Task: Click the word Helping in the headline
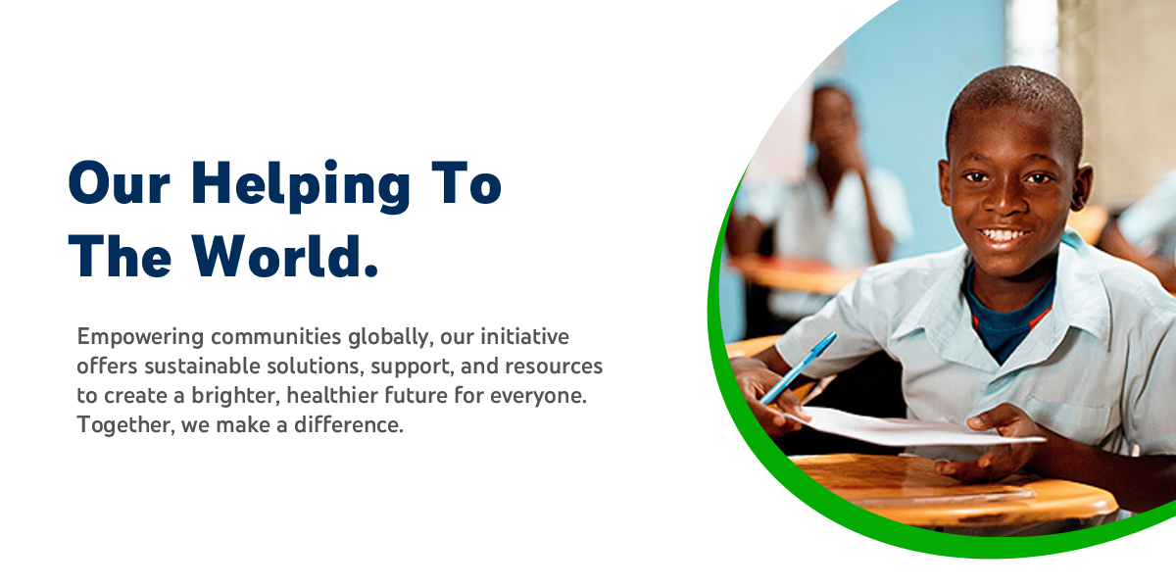[300, 186]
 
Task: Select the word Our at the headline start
[120, 183]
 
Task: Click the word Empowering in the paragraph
[140, 337]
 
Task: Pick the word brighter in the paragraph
[233, 395]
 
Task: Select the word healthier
[332, 395]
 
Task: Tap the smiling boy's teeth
[1004, 234]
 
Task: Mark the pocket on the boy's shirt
[1067, 420]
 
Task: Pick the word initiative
[525, 336]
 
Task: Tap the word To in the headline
[466, 183]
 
